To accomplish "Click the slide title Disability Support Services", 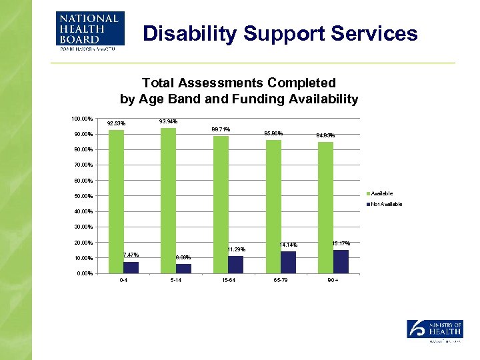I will (281, 33).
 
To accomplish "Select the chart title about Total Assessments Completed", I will (239, 91).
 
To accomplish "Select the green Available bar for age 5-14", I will (168, 200).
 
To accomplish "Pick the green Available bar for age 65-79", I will (273, 206).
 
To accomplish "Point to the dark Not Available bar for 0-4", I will (131, 267).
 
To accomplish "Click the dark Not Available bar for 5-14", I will (183, 269).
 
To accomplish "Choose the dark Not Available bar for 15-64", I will (236, 265).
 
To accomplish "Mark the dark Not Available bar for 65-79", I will (288, 263).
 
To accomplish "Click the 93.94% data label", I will (169, 121).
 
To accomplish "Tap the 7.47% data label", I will (131, 255).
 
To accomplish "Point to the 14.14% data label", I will (289, 245).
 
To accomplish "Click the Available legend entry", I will (382, 193).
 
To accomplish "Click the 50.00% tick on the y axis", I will (83, 196).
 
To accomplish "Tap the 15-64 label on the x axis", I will (228, 281).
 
